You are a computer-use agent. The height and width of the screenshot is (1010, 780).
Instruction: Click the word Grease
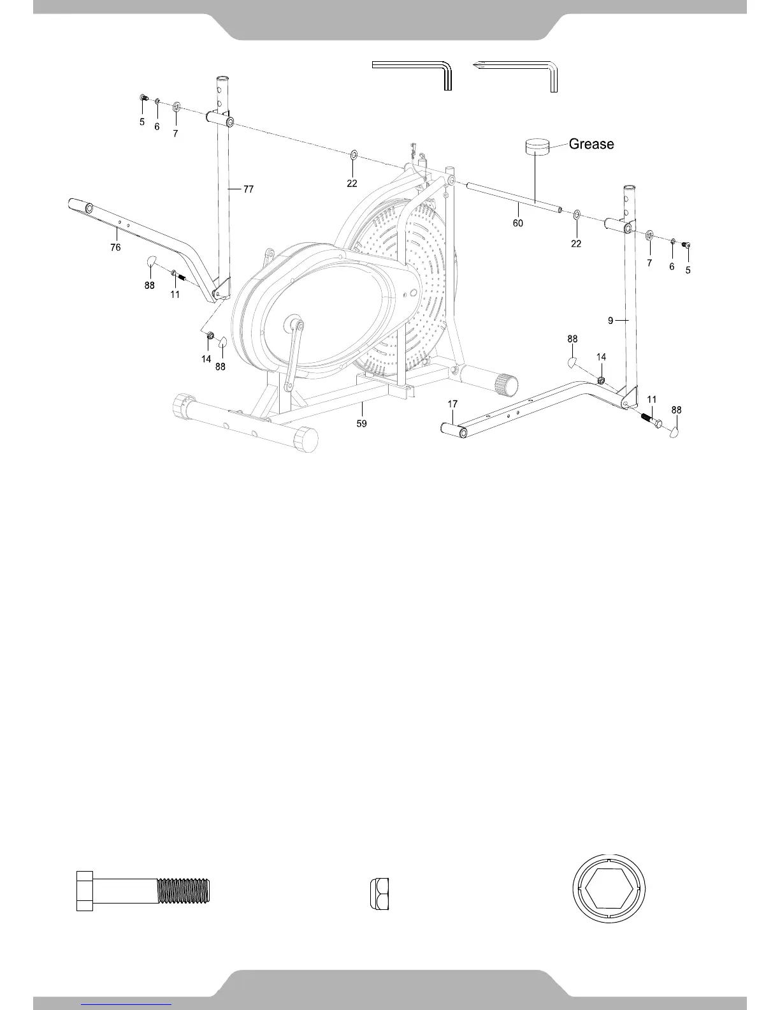(x=591, y=144)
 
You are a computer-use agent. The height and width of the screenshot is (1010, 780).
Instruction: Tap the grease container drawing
(x=537, y=146)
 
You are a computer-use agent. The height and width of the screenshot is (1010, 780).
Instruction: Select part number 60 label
(x=517, y=223)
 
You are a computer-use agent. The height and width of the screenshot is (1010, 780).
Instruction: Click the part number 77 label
(x=249, y=189)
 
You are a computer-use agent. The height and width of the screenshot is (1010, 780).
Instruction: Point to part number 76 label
(x=115, y=247)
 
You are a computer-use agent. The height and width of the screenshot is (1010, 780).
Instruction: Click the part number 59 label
(x=361, y=423)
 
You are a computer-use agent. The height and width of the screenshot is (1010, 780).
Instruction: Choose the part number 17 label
(x=452, y=404)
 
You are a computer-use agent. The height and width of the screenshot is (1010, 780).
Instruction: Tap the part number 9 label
(x=610, y=320)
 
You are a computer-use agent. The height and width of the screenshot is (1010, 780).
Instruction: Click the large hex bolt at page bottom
(x=143, y=891)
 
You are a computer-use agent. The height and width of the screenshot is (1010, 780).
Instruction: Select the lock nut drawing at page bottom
(x=379, y=893)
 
